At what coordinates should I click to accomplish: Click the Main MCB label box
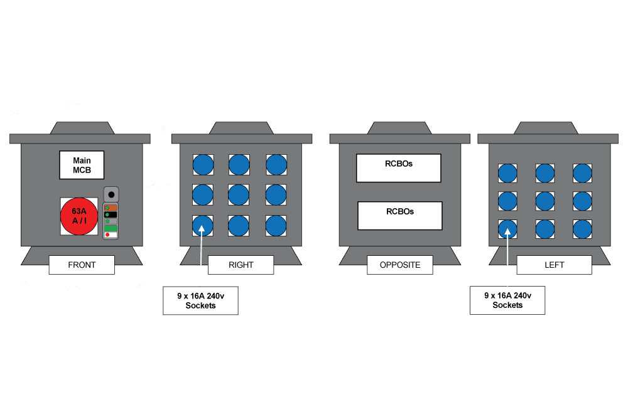pyautogui.click(x=82, y=165)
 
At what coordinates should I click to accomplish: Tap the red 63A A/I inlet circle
pyautogui.click(x=79, y=216)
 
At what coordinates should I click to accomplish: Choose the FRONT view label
pyautogui.click(x=82, y=265)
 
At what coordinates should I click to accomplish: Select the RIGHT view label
pyautogui.click(x=241, y=265)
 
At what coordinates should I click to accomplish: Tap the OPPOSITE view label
pyautogui.click(x=400, y=265)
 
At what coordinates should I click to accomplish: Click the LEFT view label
pyautogui.click(x=554, y=265)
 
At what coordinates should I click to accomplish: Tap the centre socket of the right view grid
pyautogui.click(x=239, y=195)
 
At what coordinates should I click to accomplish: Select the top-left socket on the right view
pyautogui.click(x=203, y=165)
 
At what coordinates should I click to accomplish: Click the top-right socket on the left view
pyautogui.click(x=582, y=173)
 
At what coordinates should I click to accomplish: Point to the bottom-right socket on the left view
pyautogui.click(x=582, y=229)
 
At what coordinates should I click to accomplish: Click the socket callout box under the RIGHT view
pyautogui.click(x=200, y=300)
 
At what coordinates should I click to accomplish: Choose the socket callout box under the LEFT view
pyautogui.click(x=507, y=300)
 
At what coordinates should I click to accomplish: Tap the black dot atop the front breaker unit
pyautogui.click(x=111, y=194)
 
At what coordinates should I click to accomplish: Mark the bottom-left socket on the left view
pyautogui.click(x=507, y=229)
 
